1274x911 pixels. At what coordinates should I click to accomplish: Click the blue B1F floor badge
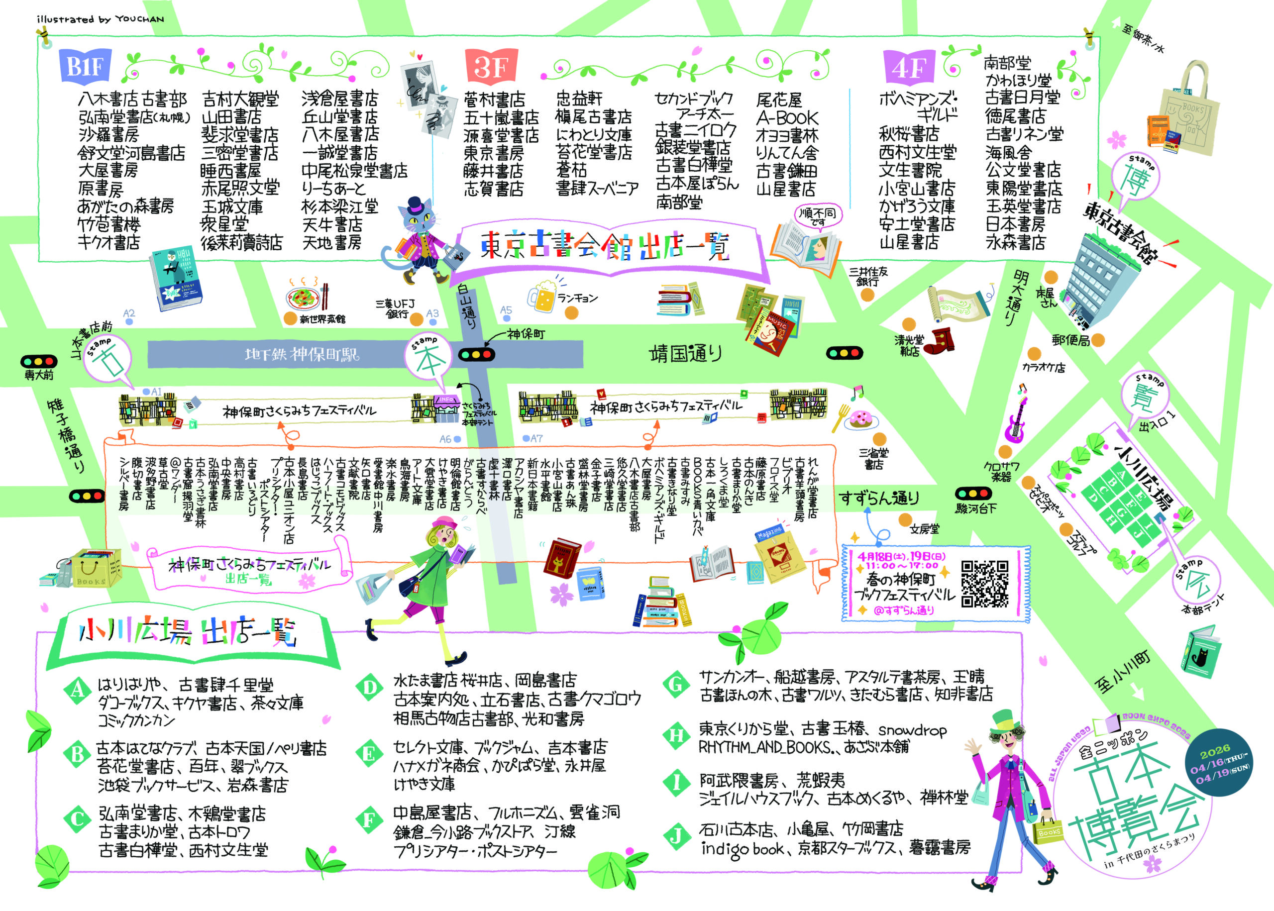tap(85, 66)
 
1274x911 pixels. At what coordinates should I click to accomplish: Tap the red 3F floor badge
tap(491, 66)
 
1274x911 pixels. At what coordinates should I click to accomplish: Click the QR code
tap(985, 584)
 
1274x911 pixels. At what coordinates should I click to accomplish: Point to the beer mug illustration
tap(542, 296)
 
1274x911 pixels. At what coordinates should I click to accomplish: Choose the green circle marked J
tap(676, 836)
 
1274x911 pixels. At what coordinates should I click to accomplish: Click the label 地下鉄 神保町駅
tap(302, 355)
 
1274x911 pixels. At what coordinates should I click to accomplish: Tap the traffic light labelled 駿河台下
tap(973, 494)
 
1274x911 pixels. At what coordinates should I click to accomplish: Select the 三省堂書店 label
tap(873, 459)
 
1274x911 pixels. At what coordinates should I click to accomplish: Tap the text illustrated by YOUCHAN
tap(101, 19)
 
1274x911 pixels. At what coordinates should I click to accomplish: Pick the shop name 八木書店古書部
tap(132, 100)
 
